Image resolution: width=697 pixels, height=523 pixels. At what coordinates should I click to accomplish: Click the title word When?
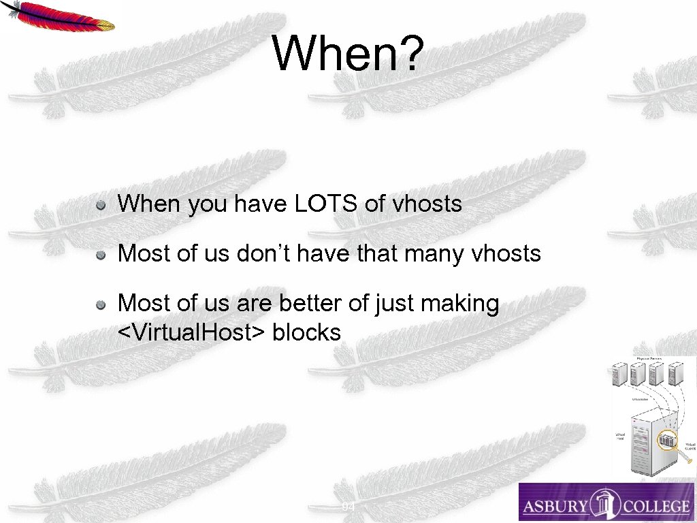(x=348, y=54)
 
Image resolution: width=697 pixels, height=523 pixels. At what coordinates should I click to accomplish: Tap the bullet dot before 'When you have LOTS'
(x=100, y=204)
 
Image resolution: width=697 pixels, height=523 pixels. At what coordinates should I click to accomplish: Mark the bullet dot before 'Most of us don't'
(x=100, y=255)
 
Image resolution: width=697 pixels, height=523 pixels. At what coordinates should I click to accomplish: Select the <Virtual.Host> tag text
(x=192, y=333)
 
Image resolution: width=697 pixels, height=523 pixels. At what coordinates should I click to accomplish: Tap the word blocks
(x=306, y=333)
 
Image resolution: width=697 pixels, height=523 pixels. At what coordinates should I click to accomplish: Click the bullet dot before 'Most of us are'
(x=100, y=304)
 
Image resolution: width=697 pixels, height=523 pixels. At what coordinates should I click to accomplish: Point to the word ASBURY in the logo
(x=554, y=506)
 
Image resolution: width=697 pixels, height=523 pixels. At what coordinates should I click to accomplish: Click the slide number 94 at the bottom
(x=348, y=507)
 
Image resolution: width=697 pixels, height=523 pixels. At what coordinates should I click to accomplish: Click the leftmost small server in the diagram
(x=619, y=375)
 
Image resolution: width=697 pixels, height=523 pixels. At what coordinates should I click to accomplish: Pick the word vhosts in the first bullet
(x=427, y=204)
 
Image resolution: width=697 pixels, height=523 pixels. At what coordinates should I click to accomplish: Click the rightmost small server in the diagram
(x=676, y=375)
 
